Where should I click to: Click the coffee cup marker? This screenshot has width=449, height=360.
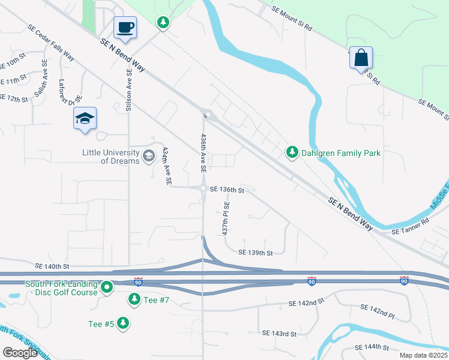(x=125, y=28)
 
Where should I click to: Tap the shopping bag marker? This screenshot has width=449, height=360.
(x=361, y=58)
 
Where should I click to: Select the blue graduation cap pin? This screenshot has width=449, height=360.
(x=85, y=118)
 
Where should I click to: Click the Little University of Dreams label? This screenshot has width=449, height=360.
(x=111, y=157)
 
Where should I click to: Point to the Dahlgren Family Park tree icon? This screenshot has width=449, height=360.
(x=292, y=153)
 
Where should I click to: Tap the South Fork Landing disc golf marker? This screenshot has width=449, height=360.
(x=107, y=288)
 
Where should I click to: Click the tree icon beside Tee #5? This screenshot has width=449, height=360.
(x=123, y=323)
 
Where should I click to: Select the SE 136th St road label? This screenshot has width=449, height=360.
(x=227, y=190)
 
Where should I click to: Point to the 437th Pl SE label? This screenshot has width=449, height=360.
(x=226, y=218)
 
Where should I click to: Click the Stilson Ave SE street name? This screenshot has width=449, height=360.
(x=128, y=90)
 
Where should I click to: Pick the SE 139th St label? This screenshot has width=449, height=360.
(x=256, y=253)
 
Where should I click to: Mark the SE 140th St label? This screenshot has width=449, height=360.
(x=52, y=266)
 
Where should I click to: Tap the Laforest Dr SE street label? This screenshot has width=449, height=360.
(x=70, y=94)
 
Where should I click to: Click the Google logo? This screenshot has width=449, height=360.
(x=20, y=353)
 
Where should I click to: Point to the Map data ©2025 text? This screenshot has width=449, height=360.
(x=424, y=355)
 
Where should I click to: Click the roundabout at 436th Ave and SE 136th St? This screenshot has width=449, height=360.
(x=204, y=188)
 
